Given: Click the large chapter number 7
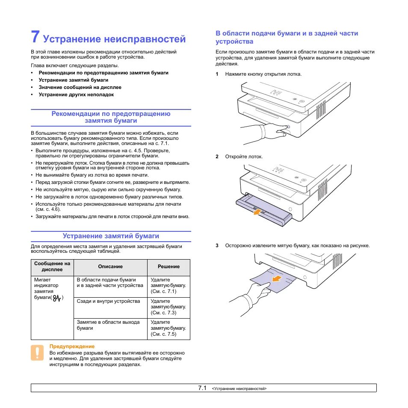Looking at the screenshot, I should (35, 37).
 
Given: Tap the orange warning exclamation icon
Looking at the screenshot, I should (37, 353).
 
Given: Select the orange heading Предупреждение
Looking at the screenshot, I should (72, 346).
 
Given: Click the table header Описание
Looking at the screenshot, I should (110, 266).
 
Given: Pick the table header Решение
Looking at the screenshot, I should (169, 266).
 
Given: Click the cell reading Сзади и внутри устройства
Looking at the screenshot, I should (108, 302).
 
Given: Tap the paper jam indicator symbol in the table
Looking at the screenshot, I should (56, 298).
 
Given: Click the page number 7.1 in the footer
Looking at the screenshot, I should (202, 388).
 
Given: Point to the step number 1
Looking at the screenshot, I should (217, 74).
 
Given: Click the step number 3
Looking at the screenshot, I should (217, 245).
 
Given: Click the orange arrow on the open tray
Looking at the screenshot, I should (256, 212).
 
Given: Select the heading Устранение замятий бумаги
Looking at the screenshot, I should (111, 236).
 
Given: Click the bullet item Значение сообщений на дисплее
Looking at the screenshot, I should (80, 87).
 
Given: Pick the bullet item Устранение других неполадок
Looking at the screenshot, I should (76, 95).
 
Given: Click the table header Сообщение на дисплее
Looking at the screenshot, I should (52, 266).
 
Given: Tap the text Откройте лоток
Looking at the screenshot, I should (244, 157).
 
